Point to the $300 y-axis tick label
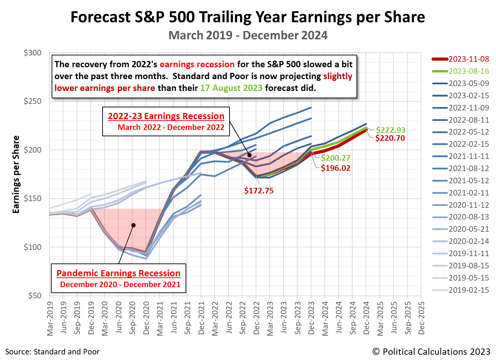[32, 53]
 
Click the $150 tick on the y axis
[32, 199]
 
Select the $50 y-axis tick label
[35, 296]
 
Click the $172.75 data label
[259, 191]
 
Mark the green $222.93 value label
[391, 130]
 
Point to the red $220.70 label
[390, 138]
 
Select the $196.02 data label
[336, 168]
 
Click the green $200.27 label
[336, 158]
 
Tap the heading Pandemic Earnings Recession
[119, 273]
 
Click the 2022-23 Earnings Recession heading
[166, 116]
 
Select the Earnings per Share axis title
[16, 174]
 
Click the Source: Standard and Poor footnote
[52, 352]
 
